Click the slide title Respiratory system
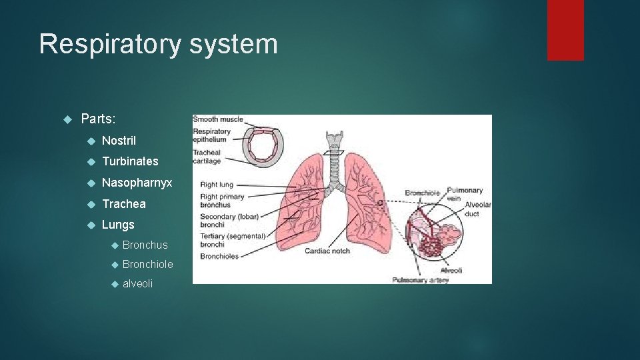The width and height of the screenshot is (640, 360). (x=158, y=45)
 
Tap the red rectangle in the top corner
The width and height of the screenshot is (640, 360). (x=565, y=29)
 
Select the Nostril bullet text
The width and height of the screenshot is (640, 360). (x=119, y=141)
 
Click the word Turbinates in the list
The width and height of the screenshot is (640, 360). (x=130, y=161)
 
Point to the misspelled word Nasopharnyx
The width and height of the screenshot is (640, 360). (x=137, y=183)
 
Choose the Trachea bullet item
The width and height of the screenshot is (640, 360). (x=123, y=204)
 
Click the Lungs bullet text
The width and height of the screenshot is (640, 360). (x=118, y=225)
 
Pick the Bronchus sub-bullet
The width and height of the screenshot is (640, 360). (x=145, y=245)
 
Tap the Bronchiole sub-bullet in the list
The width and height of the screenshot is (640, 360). (x=147, y=265)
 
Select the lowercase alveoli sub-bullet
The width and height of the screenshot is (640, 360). (x=137, y=284)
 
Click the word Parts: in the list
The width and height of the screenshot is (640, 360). (x=98, y=119)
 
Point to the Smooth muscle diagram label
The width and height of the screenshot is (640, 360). (x=218, y=120)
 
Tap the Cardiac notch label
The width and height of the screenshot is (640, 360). (x=328, y=251)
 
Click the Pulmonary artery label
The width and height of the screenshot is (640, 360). (x=421, y=280)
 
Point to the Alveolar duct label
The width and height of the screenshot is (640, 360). (x=477, y=209)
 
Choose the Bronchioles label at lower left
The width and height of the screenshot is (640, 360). (x=219, y=257)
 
